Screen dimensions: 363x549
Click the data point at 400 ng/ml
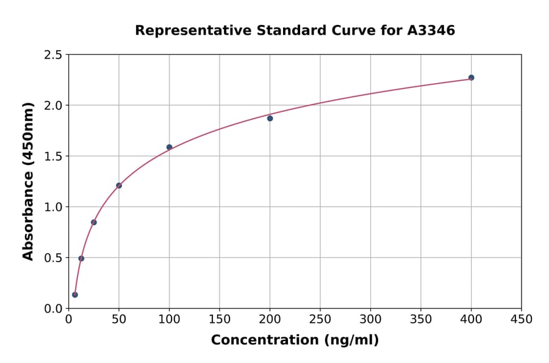472,78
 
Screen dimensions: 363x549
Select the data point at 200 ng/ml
270,118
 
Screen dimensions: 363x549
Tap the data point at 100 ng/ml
170,147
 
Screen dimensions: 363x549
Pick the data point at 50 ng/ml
119,186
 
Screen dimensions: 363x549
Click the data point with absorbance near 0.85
94,222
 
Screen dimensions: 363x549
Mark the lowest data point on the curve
75,295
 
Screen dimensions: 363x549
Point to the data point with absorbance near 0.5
81,258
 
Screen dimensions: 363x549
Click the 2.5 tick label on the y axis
53,55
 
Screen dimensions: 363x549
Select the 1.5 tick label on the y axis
53,156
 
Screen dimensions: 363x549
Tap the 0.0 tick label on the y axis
53,309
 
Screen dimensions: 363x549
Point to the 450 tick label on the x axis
522,320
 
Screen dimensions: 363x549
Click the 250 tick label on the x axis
320,320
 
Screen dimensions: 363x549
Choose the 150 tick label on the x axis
220,320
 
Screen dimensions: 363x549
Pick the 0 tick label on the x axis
69,320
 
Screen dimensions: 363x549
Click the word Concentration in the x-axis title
264,340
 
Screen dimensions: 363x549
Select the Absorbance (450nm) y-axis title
28,182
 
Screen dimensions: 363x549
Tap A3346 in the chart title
431,31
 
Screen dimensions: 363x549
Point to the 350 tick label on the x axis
421,320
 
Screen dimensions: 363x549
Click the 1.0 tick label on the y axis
53,207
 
